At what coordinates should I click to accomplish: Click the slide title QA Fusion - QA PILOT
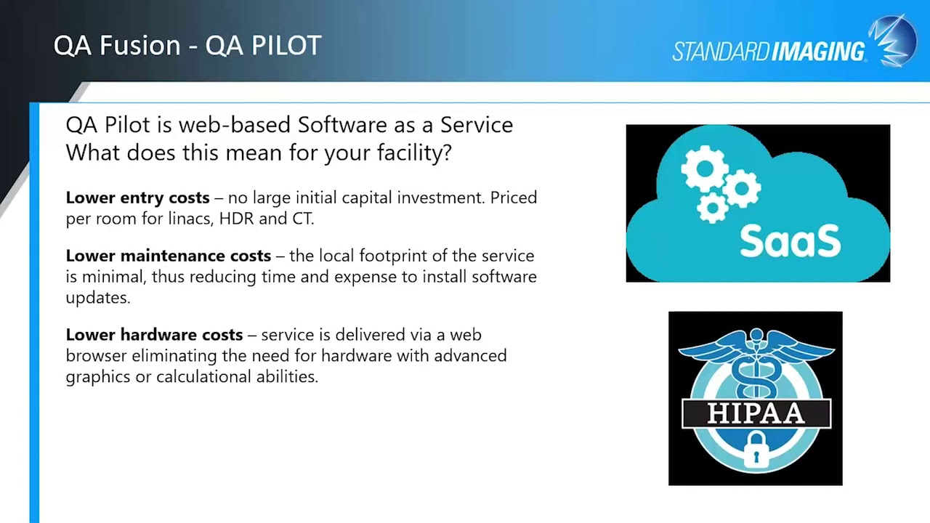click(187, 46)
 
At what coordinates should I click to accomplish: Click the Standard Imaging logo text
click(768, 52)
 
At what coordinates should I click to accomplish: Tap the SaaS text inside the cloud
click(790, 241)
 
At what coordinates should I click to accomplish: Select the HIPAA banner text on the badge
click(756, 413)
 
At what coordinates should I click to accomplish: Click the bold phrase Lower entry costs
click(137, 198)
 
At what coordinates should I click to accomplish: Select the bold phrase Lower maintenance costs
click(168, 256)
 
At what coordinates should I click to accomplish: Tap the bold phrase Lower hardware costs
click(154, 335)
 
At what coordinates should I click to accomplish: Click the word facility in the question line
click(413, 153)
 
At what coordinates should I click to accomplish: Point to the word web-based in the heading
click(235, 125)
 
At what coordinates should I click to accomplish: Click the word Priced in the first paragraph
click(513, 198)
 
